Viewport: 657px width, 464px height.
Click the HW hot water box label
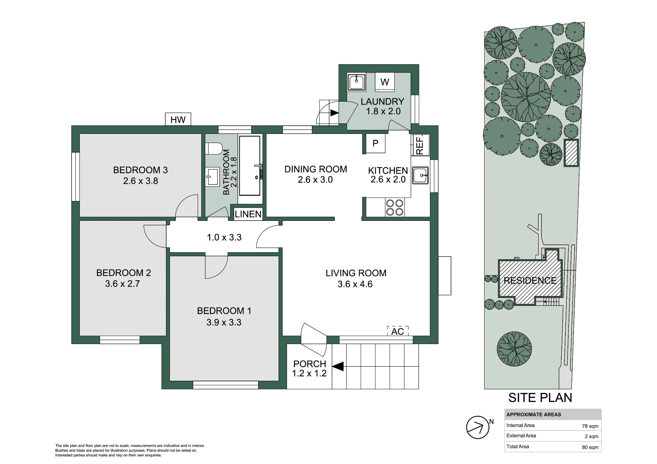pos(178,120)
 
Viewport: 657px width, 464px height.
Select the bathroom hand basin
pos(213,177)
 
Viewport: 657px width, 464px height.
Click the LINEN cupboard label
pos(248,214)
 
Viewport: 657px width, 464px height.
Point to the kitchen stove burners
pos(395,207)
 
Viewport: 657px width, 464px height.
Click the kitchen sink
pos(420,175)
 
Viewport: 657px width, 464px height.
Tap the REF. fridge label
pos(420,145)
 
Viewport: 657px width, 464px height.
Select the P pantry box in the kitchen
pos(375,143)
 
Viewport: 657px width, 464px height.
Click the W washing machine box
pos(385,82)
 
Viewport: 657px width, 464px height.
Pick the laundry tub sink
pos(356,82)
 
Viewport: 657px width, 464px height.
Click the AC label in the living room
pos(397,331)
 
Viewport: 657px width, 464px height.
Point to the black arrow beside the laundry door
pos(334,113)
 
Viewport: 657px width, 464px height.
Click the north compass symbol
pos(478,427)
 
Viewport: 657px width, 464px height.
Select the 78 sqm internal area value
pos(590,426)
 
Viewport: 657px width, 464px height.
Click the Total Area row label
pos(517,446)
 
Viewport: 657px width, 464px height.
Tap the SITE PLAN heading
pos(540,398)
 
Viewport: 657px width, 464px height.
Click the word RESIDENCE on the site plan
pos(530,281)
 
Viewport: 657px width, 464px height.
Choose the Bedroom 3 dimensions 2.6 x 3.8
pos(141,181)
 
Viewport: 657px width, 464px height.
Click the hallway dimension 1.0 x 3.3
pos(224,237)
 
